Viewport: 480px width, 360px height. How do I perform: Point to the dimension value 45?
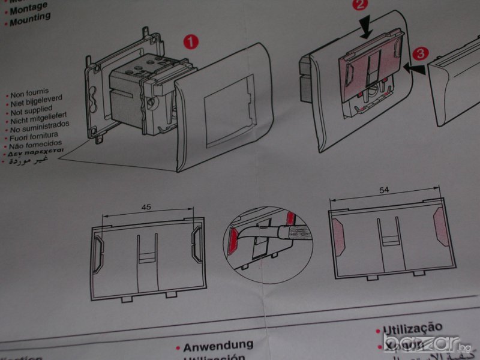click(x=146, y=207)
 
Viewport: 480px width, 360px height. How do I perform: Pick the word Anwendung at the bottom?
click(x=218, y=346)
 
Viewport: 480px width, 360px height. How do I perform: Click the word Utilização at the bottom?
click(x=412, y=328)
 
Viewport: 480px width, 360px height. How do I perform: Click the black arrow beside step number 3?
click(x=416, y=70)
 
